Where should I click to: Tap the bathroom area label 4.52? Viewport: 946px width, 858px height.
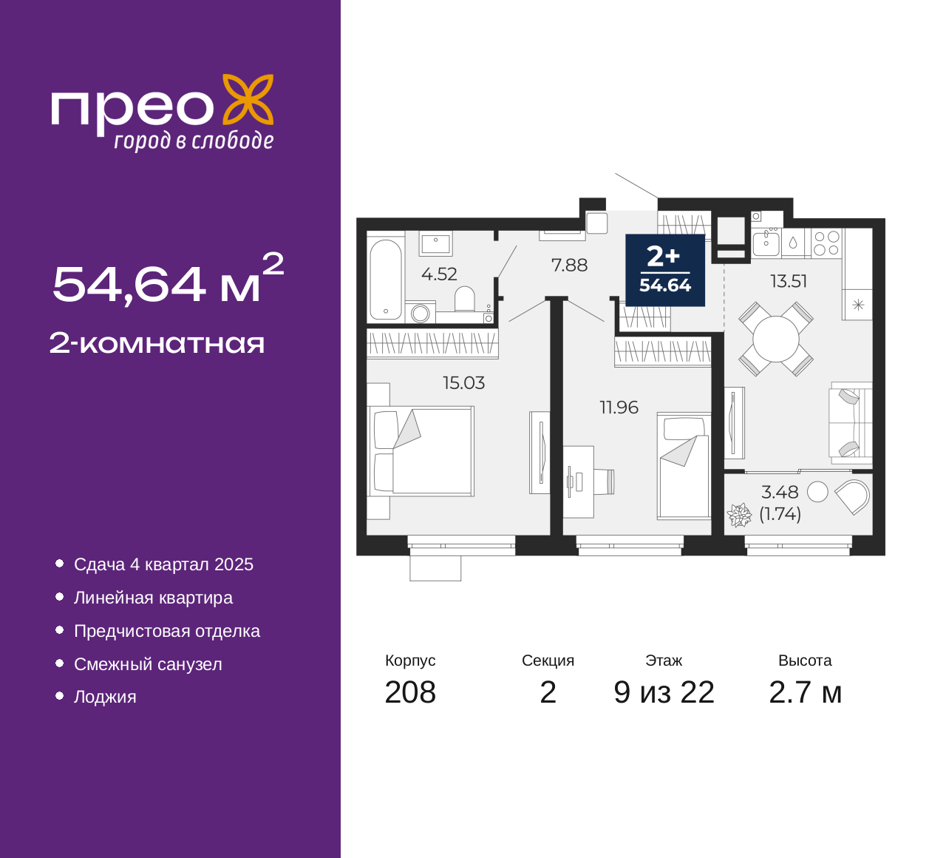439,274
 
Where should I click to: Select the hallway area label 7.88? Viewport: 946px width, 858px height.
569,266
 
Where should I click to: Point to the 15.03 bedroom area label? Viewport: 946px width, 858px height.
463,382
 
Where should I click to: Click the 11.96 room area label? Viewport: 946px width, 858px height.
619,408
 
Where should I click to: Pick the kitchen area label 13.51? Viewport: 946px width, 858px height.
789,281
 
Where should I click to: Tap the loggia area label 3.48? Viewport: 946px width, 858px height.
780,493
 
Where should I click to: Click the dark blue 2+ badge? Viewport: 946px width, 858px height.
665,271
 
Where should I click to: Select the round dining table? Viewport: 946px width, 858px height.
776,340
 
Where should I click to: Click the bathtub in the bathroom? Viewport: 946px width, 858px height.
386,280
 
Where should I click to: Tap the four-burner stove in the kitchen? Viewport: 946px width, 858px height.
827,243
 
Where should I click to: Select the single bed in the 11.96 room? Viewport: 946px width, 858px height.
684,466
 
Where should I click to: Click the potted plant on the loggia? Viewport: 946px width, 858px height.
739,515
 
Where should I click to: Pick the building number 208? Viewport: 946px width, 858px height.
410,692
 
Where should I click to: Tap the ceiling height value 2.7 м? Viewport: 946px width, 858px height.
805,692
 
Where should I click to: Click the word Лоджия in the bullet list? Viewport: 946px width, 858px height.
105,697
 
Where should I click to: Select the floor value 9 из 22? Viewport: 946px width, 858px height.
664,692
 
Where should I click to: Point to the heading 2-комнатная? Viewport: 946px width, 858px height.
157,344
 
